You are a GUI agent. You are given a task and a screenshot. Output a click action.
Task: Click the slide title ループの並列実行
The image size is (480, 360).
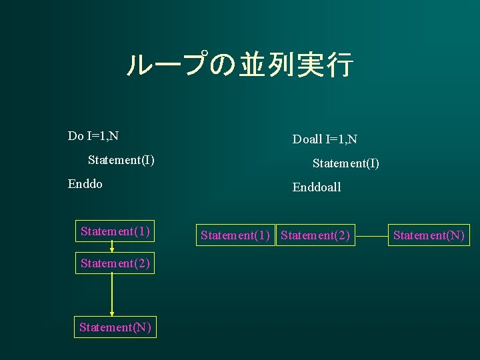(239, 65)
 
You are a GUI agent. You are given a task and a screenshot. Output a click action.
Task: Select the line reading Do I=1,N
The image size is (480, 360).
(93, 136)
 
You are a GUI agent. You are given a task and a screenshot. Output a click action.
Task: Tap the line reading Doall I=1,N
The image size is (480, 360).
(325, 139)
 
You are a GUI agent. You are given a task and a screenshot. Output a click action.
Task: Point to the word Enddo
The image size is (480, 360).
(85, 184)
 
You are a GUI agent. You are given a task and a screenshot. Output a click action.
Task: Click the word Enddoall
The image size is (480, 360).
(317, 187)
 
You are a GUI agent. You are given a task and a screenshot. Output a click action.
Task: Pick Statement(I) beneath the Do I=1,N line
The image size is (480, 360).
(121, 160)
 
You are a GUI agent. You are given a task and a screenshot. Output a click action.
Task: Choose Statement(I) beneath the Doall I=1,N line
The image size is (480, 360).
(346, 163)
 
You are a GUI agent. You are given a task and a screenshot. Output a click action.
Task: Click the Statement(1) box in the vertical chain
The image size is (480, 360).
(115, 231)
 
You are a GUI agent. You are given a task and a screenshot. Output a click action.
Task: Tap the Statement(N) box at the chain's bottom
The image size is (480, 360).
(115, 327)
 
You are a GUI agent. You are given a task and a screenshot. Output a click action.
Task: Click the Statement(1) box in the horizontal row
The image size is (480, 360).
(235, 235)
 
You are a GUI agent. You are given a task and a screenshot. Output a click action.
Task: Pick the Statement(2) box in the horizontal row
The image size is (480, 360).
(315, 235)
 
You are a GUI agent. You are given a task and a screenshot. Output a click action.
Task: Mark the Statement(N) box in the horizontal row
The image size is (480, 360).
(429, 235)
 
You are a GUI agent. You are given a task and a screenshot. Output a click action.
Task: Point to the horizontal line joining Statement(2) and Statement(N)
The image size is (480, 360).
(371, 235)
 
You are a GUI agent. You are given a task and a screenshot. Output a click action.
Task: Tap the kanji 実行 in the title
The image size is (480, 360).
(329, 65)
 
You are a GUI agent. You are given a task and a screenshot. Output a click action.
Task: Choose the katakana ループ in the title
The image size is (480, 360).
(167, 65)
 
